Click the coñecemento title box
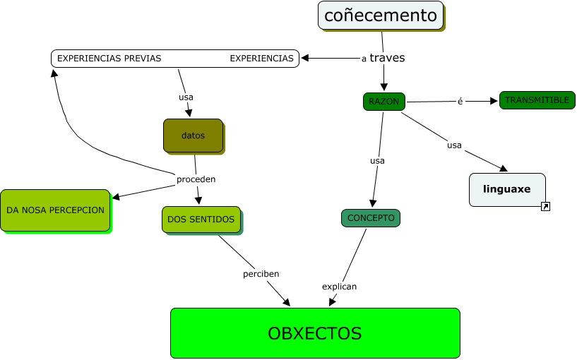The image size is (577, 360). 381,16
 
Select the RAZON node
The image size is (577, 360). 383,102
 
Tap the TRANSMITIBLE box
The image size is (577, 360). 537,100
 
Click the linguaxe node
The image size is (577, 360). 507,189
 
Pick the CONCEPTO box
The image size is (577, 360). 371,218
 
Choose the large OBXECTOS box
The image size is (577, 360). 315,333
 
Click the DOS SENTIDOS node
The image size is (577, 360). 201,220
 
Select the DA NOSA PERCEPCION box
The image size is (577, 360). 56,210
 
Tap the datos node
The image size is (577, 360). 194,136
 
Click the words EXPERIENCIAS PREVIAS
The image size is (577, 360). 109,59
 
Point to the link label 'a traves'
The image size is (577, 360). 383,58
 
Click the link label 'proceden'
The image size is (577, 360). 196,179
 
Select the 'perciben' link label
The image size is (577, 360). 261,274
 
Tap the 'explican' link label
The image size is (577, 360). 339,287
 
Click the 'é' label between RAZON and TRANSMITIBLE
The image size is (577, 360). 460,101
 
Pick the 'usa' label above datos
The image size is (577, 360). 186,97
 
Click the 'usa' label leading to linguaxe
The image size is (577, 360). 454,145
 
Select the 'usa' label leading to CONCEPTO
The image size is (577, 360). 377,161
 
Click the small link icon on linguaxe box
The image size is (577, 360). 545,206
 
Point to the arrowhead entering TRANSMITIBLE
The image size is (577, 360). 494,101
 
